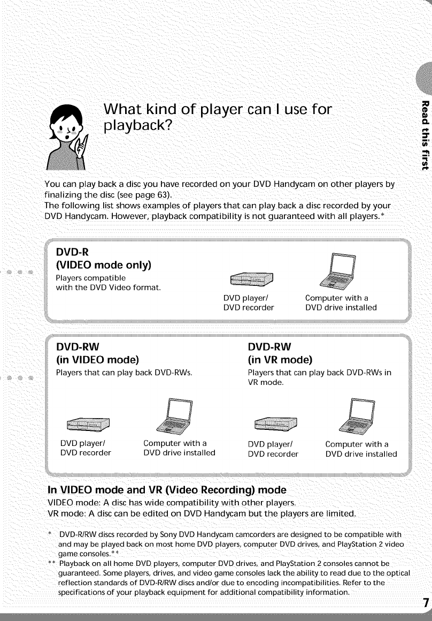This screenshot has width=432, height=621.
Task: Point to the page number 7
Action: (426, 602)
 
